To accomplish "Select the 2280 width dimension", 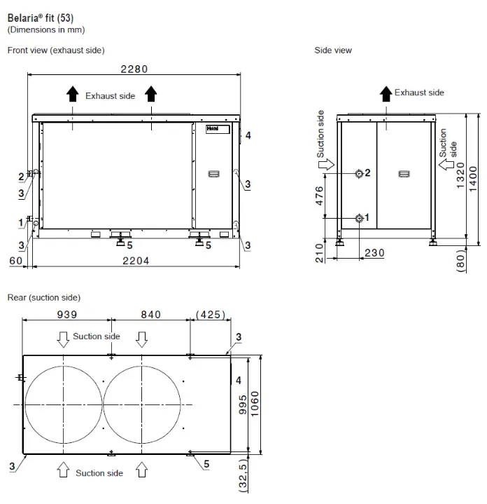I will [134, 69].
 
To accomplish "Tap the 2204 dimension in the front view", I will [135, 260].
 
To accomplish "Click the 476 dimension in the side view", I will [319, 196].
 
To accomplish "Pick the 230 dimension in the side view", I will [374, 253].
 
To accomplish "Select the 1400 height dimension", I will [473, 179].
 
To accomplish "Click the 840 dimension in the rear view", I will [151, 315].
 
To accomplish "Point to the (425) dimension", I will [210, 315].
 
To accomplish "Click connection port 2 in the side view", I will [359, 173].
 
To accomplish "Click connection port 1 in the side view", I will [359, 218].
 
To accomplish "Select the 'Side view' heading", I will [333, 50].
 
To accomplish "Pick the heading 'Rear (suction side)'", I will [43, 298].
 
